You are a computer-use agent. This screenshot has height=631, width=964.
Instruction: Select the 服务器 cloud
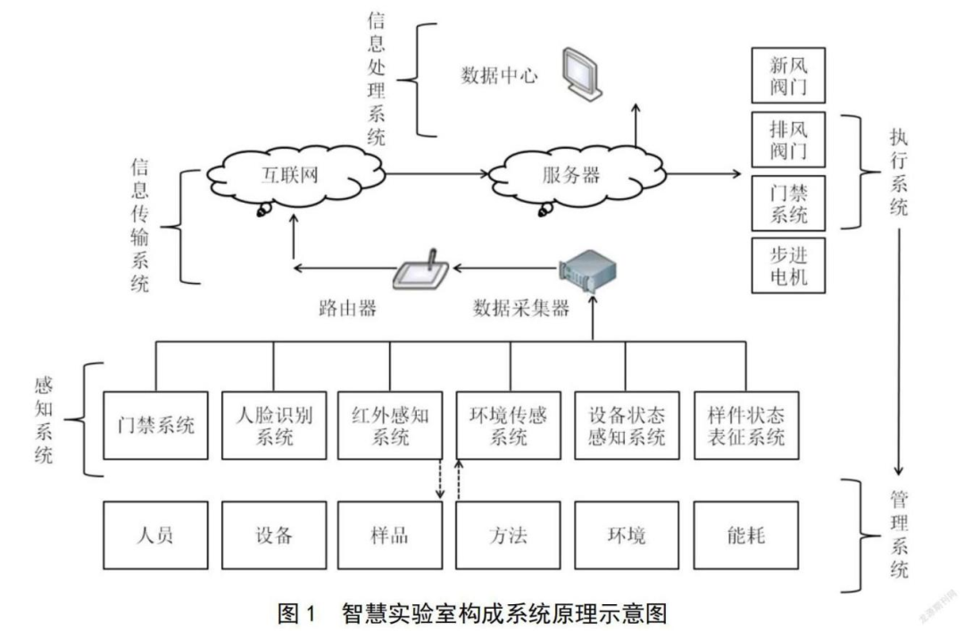coord(570,175)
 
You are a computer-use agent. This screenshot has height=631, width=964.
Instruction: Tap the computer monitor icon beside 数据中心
coord(582,73)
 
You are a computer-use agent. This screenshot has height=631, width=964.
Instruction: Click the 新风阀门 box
coord(788,75)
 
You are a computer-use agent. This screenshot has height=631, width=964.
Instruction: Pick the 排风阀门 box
coord(788,138)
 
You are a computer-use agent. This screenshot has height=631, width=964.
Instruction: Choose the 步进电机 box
coord(788,264)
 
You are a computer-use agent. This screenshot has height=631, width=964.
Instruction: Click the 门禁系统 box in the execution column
coord(788,202)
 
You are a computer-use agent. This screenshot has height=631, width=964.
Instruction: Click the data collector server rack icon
coord(588,269)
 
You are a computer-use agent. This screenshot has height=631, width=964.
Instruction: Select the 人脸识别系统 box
coord(273,425)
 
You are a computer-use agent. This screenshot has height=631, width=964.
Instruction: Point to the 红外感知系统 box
coord(391,425)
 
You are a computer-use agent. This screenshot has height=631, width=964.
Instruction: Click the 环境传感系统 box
coord(509,425)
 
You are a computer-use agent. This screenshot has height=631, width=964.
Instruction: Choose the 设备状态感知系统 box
coord(627,425)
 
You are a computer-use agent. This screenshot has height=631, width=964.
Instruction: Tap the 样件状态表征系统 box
coord(745,425)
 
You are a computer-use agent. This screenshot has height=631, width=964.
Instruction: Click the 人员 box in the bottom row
coord(155,536)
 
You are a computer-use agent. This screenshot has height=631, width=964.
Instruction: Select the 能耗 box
coord(745,536)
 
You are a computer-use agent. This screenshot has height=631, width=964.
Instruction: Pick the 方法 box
coord(509,536)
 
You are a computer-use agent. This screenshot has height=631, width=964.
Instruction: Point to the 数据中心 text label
coord(499,75)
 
